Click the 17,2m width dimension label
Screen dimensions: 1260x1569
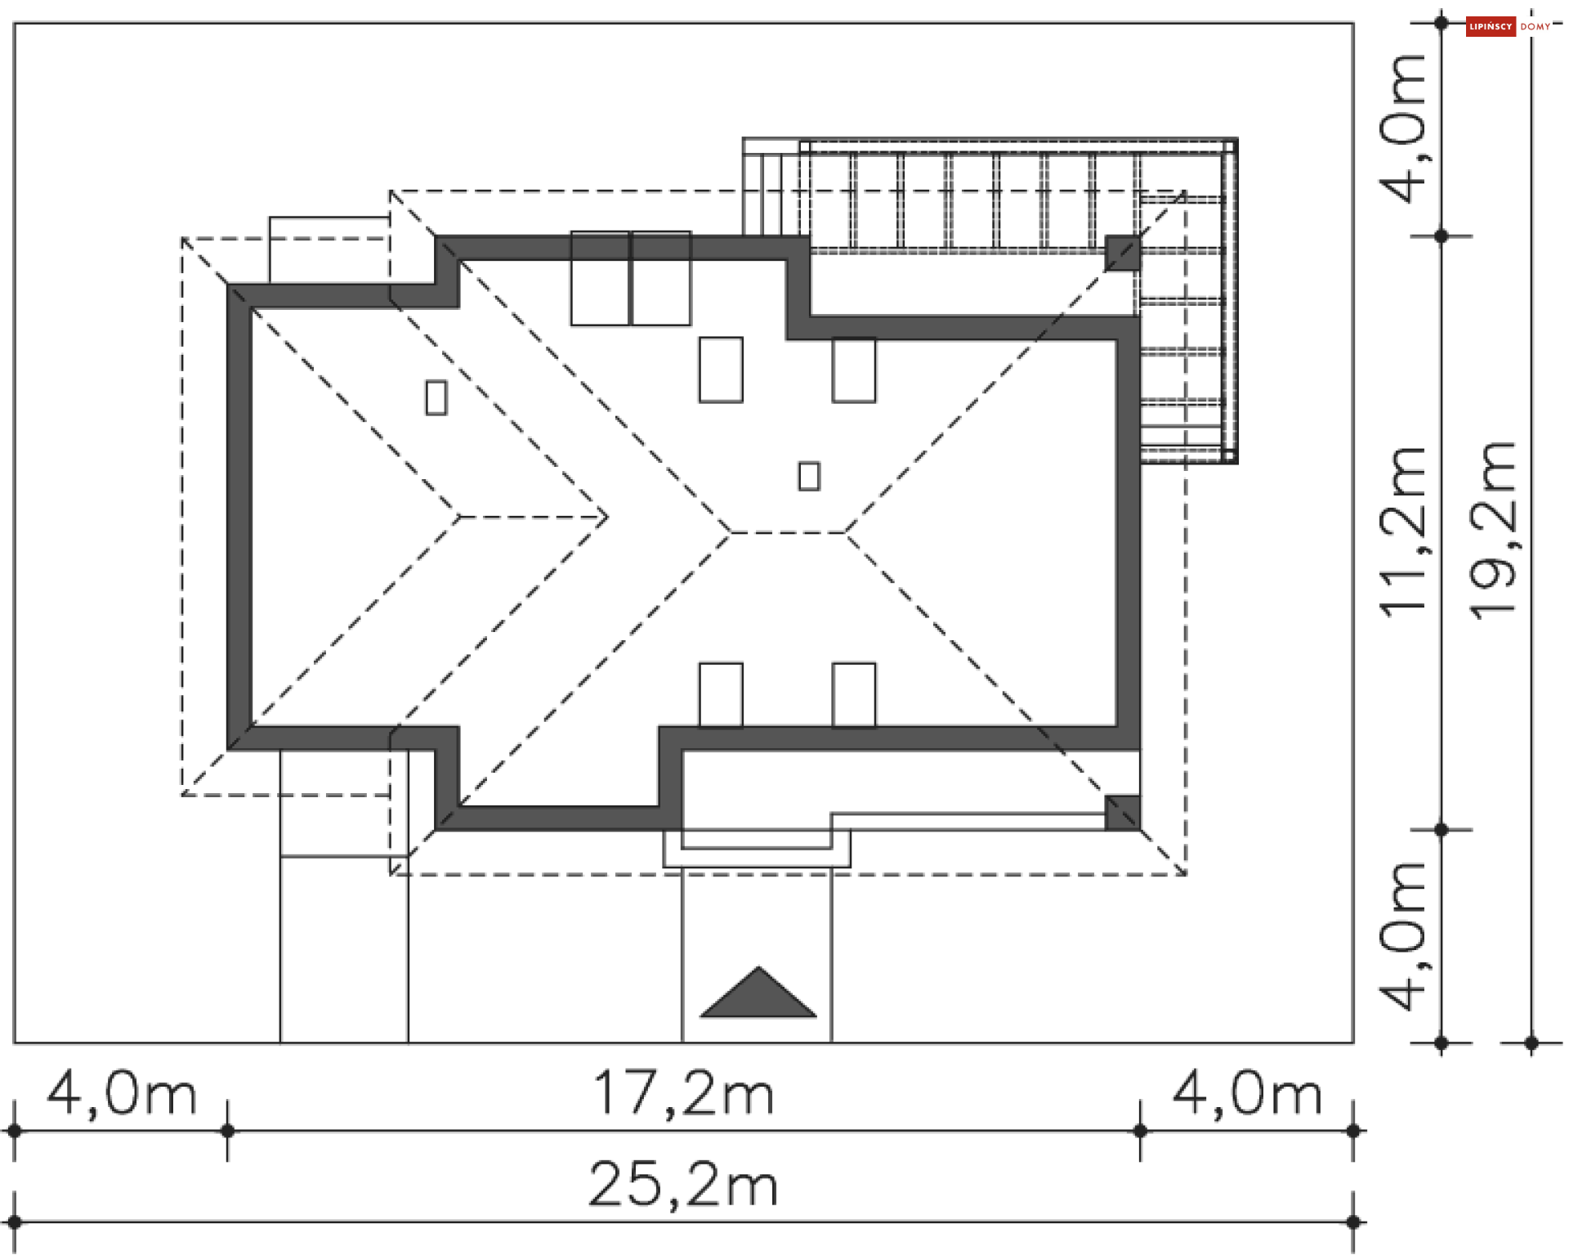[x=683, y=1093]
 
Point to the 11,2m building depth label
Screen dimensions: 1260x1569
[x=1402, y=531]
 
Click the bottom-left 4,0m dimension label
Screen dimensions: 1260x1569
[x=122, y=1093]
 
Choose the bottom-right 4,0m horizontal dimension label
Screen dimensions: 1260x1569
[x=1247, y=1093]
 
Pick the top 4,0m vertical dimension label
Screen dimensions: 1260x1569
[x=1402, y=128]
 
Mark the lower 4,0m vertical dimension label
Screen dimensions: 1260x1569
[x=1402, y=936]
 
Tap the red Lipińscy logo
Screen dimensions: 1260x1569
[x=1490, y=27]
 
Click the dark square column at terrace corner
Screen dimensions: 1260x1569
[x=1122, y=253]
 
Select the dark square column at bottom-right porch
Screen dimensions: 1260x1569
[x=1122, y=813]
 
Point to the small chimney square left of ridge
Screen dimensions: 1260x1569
[x=436, y=398]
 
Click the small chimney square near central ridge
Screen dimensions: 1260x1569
[x=809, y=476]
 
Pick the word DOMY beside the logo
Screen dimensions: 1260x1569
[x=1535, y=27]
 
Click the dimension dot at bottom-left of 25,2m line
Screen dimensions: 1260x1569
[x=14, y=1222]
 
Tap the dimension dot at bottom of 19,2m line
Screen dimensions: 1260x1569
[x=1532, y=1043]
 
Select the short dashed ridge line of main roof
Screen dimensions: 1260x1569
[x=788, y=532]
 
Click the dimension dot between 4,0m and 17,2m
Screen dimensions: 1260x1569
[x=228, y=1131]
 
